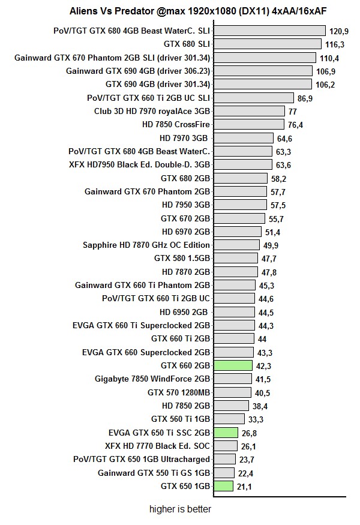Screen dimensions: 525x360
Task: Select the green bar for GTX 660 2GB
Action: (x=233, y=365)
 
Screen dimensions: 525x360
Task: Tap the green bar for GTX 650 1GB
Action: (x=223, y=486)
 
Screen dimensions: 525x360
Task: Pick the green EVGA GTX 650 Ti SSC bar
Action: (x=226, y=433)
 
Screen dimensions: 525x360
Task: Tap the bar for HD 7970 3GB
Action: (x=243, y=138)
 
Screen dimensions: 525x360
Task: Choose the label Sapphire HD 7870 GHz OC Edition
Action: (x=146, y=245)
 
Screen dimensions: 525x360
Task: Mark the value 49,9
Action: (x=271, y=245)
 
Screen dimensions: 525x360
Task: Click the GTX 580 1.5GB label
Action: (x=182, y=259)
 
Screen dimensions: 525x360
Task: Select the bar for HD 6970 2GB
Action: (x=237, y=232)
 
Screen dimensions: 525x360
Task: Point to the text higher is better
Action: (x=180, y=509)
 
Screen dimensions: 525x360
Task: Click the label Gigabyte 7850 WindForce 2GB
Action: (x=152, y=379)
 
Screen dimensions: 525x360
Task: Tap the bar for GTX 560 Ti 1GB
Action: (x=229, y=419)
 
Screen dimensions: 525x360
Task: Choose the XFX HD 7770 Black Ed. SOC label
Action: (x=157, y=446)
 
